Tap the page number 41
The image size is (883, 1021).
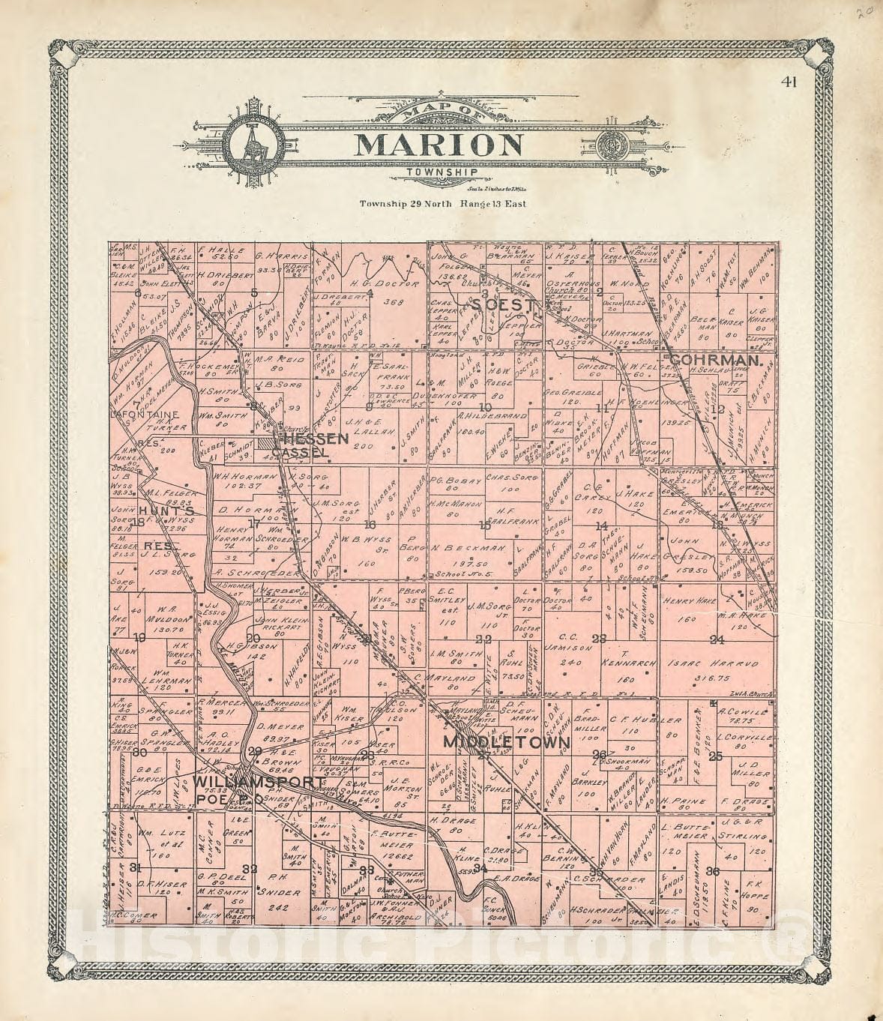(x=787, y=82)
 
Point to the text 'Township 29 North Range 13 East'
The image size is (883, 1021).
(x=442, y=203)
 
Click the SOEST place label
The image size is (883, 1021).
(x=505, y=305)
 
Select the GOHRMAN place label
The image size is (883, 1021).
(x=716, y=361)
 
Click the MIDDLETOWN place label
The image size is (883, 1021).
(x=507, y=742)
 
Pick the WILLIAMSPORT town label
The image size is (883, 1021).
(x=259, y=782)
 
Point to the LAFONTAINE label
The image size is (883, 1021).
(x=144, y=413)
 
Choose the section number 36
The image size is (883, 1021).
(x=713, y=870)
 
